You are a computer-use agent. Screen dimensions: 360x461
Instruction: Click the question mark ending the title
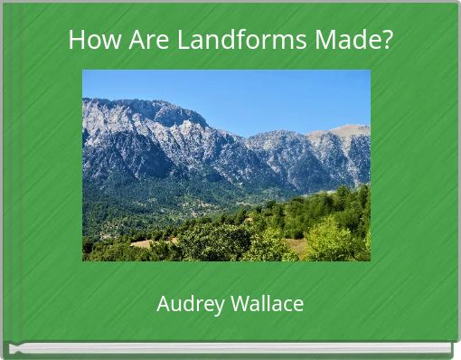click(x=388, y=41)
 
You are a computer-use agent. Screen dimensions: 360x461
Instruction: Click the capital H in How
click(x=76, y=41)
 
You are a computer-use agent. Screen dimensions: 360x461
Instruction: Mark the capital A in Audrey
click(x=164, y=304)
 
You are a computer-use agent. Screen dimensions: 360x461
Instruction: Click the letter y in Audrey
click(x=212, y=306)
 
